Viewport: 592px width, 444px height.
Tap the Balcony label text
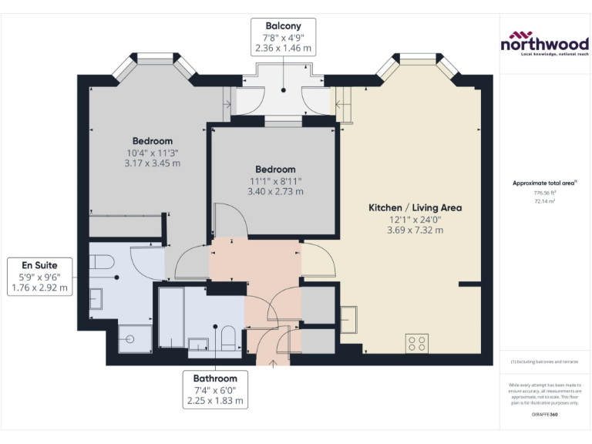tap(283, 25)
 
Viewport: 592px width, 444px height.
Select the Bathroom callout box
tap(215, 389)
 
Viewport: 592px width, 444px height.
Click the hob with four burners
tap(417, 342)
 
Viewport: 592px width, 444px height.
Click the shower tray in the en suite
tap(132, 338)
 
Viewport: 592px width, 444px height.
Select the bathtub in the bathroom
tap(171, 317)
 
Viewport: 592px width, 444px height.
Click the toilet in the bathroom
tap(228, 336)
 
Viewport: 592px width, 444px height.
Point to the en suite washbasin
tap(96, 298)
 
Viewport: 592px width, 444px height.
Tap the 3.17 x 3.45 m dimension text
tap(152, 163)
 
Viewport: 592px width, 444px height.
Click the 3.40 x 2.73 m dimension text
tap(275, 191)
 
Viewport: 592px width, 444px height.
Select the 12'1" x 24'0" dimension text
tap(415, 220)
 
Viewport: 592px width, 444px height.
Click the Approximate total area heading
tap(545, 183)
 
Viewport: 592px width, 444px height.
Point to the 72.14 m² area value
tap(545, 200)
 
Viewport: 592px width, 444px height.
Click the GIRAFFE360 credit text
tap(545, 415)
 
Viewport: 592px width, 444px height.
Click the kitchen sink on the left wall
tap(348, 316)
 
